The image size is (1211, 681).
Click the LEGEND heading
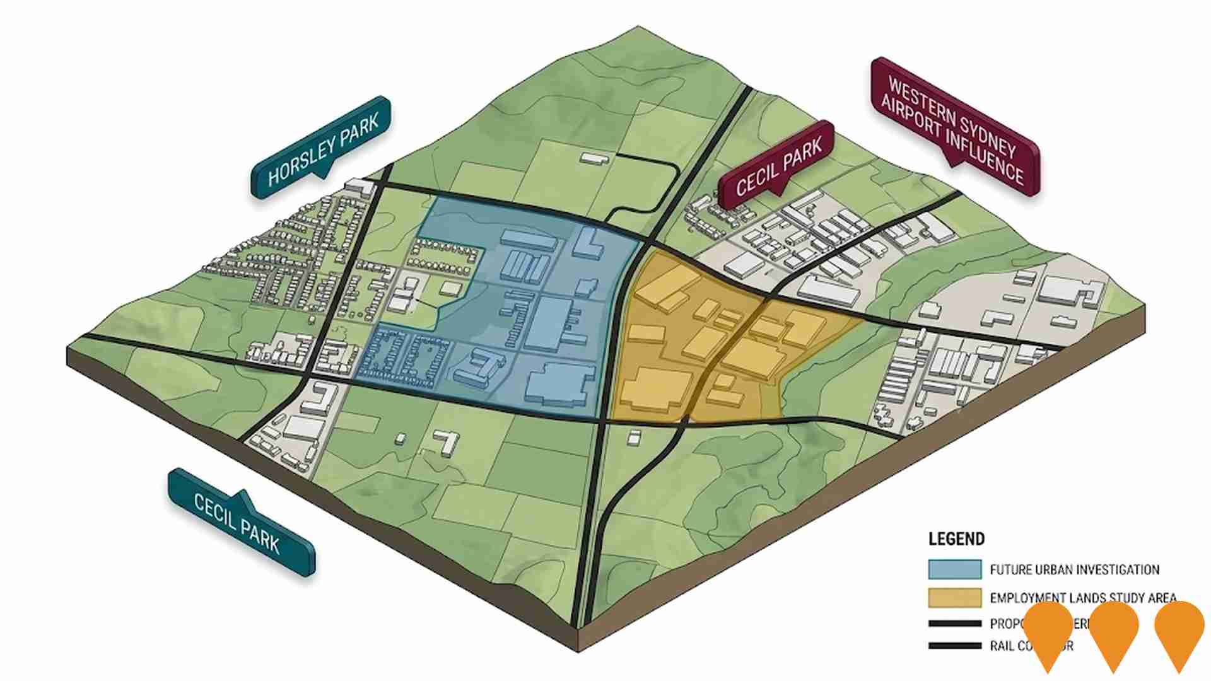956,539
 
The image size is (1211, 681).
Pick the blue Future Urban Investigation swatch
954,569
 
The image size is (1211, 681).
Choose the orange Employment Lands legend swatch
954,597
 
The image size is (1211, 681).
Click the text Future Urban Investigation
1074,570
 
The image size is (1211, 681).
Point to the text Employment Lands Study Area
1082,597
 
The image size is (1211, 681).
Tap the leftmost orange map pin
1048,631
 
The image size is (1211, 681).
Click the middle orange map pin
1113,631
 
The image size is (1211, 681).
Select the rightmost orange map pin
1179,631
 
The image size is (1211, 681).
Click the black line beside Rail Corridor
954,646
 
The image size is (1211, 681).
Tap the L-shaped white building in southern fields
448,441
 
